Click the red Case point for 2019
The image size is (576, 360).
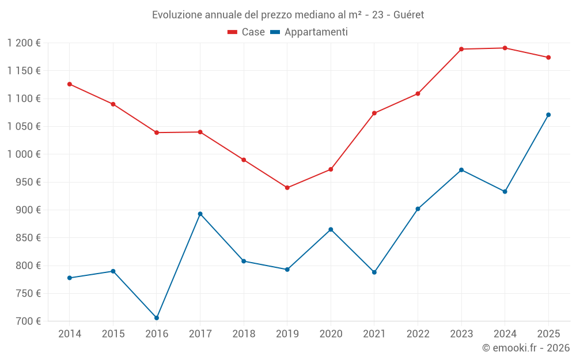coord(287,188)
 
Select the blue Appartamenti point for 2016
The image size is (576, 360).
coord(157,318)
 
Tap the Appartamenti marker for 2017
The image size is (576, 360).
coord(200,214)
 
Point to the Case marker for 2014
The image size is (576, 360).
coord(70,84)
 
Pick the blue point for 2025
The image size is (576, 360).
coord(548,115)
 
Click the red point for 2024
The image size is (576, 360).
coord(505,48)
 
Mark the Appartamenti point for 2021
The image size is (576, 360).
coord(374,272)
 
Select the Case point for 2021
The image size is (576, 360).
coord(374,113)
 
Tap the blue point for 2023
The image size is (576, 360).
coord(461,170)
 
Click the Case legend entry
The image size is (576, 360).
coord(246,32)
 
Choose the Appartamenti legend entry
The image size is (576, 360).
coord(309,32)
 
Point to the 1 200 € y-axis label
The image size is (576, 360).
coord(24,43)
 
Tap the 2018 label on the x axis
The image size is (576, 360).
coord(244,334)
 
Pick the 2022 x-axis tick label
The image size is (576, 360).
coord(418,334)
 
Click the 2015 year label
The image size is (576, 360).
coord(113,334)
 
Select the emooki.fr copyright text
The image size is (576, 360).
coord(525,348)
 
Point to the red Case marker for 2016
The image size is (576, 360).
coord(157,132)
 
